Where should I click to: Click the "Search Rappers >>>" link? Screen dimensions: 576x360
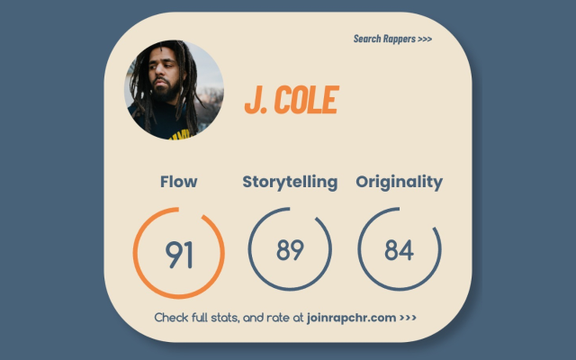click(392, 39)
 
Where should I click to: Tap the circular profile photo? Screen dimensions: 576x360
click(174, 90)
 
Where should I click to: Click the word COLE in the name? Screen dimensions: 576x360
click(306, 100)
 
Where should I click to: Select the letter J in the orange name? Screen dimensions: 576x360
click(251, 100)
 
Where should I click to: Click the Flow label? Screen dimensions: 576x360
click(178, 182)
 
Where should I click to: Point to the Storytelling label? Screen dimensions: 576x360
click(290, 182)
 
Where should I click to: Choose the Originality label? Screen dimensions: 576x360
click(400, 182)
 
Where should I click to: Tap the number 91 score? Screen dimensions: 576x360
click(179, 254)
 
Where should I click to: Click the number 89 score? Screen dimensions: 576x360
click(290, 250)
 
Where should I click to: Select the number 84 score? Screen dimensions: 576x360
click(400, 250)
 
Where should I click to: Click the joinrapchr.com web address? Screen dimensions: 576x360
click(351, 318)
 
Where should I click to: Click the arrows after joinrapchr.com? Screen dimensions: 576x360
click(408, 318)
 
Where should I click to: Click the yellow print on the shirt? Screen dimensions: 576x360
click(181, 135)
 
